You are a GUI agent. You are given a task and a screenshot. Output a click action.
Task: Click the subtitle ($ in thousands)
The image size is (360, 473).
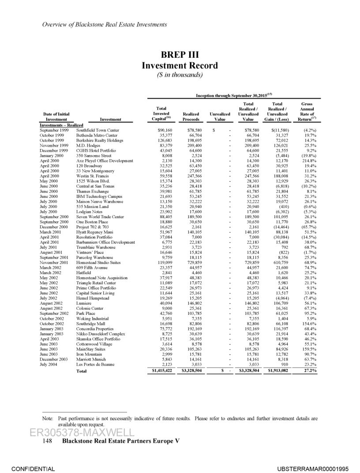[x=180, y=75]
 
